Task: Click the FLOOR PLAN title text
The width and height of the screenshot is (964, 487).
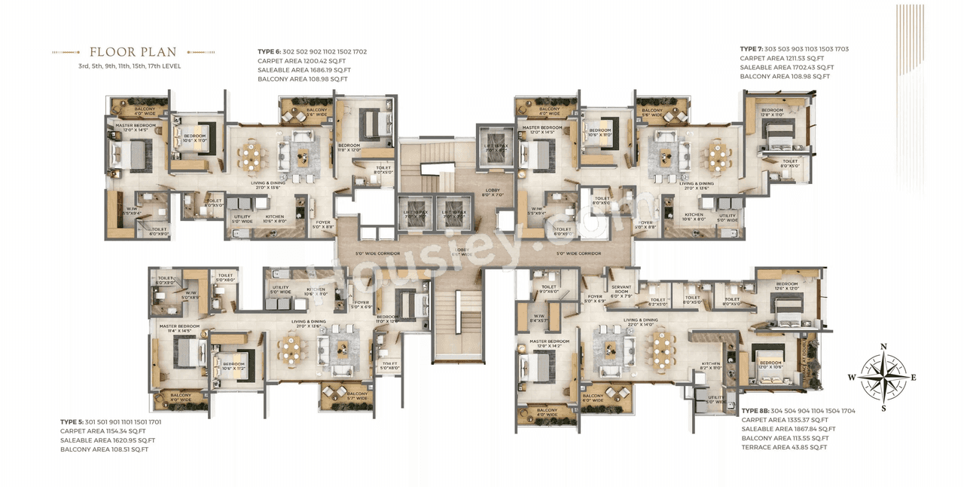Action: click(133, 52)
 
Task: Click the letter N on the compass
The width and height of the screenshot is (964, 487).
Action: click(883, 347)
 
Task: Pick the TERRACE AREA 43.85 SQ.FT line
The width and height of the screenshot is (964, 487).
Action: click(784, 447)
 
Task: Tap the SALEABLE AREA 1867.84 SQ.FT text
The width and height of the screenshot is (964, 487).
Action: click(788, 429)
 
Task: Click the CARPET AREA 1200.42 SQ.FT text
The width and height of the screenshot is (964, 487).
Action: click(301, 61)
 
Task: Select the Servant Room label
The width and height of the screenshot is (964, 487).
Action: click(621, 289)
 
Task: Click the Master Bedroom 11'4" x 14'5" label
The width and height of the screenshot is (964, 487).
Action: click(178, 328)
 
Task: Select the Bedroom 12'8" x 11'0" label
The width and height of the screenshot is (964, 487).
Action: click(771, 112)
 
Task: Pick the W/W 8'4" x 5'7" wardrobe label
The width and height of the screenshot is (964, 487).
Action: click(538, 318)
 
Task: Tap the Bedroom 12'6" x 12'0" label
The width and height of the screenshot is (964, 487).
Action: click(786, 286)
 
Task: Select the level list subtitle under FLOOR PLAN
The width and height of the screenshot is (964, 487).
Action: click(129, 66)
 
